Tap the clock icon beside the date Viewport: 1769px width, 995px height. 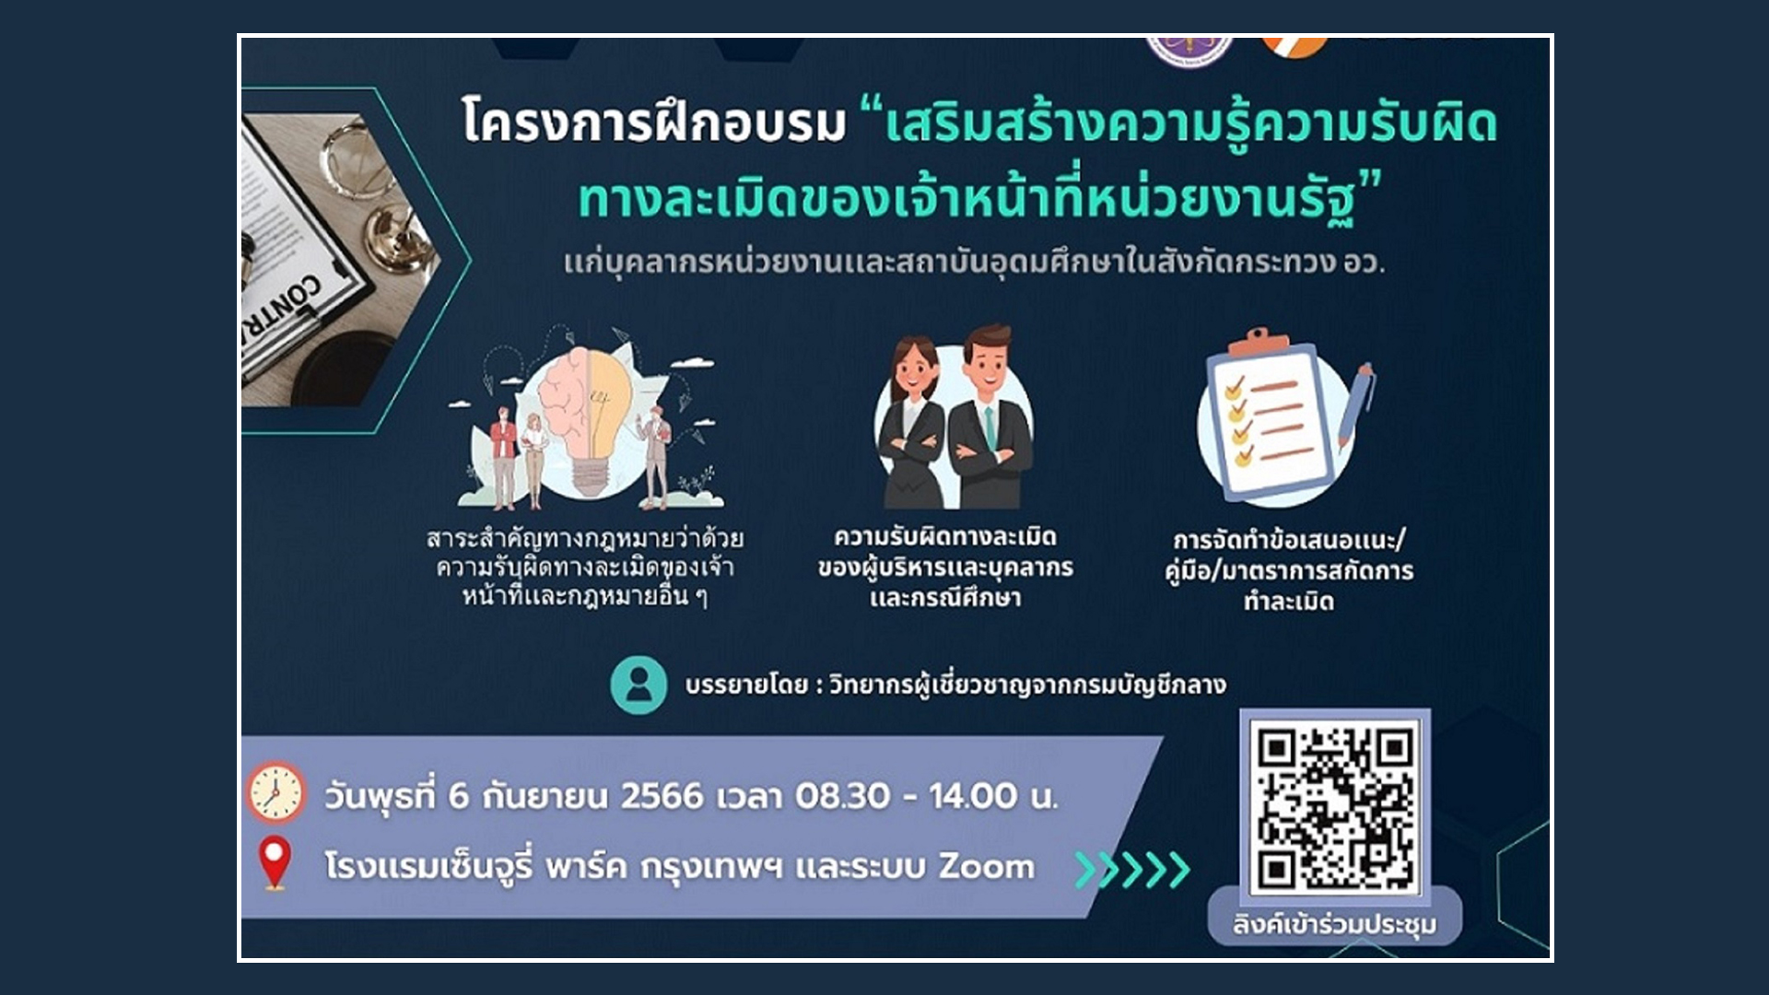point(275,792)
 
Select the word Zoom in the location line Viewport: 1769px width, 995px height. point(986,867)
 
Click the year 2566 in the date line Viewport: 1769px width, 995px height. point(662,796)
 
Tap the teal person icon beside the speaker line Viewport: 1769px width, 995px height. point(638,685)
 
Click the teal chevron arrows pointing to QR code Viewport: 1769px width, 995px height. point(1132,869)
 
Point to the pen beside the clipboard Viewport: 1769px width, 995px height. point(1355,404)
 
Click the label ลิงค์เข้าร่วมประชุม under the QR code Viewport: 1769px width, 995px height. point(1334,924)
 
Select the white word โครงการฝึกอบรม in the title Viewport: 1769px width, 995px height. point(653,123)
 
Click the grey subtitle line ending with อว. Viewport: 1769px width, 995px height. point(974,263)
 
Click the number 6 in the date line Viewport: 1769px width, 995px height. point(459,796)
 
